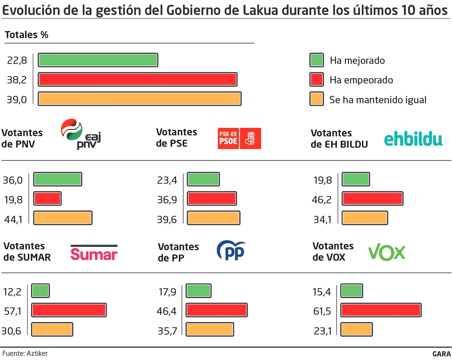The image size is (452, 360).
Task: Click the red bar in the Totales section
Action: click(x=138, y=79)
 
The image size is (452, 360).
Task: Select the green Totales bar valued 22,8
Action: click(x=98, y=60)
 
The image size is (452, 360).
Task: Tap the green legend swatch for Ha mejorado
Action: click(x=316, y=60)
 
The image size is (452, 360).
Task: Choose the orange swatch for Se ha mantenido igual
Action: click(x=316, y=99)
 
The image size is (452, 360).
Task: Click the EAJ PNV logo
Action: click(x=81, y=134)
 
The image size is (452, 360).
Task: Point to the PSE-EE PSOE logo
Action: click(x=239, y=138)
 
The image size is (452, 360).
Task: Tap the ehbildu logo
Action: click(x=413, y=139)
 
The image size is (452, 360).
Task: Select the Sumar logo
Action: click(x=94, y=253)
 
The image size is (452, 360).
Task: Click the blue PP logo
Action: click(x=231, y=250)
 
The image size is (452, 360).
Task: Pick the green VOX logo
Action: click(x=387, y=252)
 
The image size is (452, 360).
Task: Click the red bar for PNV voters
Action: click(x=47, y=199)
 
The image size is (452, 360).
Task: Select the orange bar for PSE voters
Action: click(x=214, y=218)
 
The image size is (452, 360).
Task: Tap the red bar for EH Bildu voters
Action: click(x=372, y=199)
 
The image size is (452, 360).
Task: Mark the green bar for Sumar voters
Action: click(x=40, y=291)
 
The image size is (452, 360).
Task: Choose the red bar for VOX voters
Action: click(x=381, y=310)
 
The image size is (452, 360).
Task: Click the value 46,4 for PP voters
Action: click(x=166, y=311)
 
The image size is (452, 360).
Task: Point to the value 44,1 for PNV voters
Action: click(x=13, y=219)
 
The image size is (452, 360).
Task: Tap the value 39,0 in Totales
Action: click(x=17, y=100)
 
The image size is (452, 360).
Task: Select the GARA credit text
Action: click(x=441, y=354)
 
